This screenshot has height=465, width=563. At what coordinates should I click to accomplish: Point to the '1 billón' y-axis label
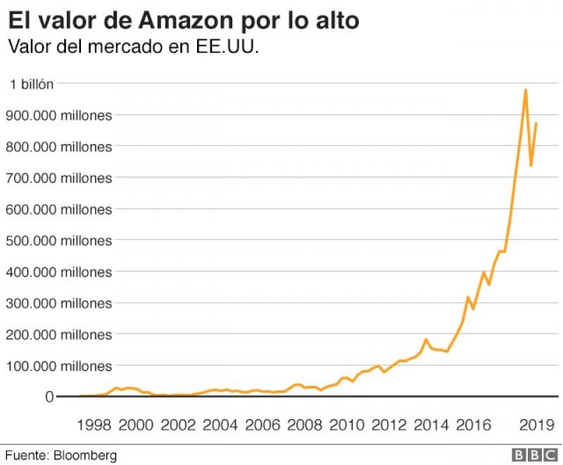(30, 84)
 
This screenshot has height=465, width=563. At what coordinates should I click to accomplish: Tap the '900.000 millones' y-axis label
(58, 115)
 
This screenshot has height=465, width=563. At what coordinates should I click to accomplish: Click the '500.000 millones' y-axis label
(58, 241)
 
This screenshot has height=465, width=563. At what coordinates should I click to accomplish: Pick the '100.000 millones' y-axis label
(58, 366)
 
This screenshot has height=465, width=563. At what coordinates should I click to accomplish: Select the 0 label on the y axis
(49, 397)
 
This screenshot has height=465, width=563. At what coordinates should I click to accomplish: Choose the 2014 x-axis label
(431, 425)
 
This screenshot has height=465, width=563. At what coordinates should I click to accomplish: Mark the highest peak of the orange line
(525, 90)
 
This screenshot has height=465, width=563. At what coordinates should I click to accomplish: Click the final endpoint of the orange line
(536, 123)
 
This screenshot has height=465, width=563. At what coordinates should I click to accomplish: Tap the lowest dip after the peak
(531, 166)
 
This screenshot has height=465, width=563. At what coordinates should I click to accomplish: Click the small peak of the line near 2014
(426, 340)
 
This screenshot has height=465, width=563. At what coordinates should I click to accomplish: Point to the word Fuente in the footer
(26, 454)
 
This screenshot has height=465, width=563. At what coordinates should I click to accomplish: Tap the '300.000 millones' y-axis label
(58, 303)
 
